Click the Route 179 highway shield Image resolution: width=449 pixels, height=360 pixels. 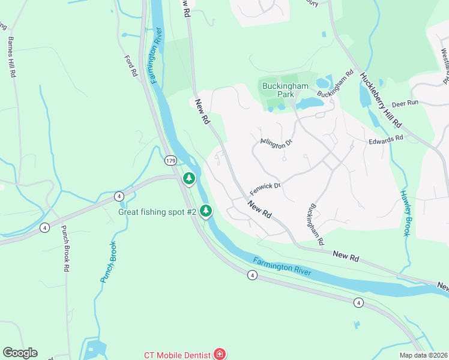[170, 161]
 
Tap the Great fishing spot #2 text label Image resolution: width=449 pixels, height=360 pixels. [158, 212]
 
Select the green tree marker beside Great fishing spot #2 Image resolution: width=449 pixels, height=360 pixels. [206, 210]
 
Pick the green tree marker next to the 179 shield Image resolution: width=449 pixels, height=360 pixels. [189, 178]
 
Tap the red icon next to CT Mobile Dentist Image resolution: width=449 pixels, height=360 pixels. [220, 354]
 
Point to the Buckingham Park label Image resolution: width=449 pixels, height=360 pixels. [285, 91]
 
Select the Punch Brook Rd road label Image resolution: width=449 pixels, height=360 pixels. [65, 249]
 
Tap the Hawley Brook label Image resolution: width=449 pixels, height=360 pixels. [406, 214]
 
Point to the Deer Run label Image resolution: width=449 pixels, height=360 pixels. [405, 103]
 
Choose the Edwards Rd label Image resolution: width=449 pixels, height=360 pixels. [385, 139]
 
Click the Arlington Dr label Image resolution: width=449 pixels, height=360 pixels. [276, 142]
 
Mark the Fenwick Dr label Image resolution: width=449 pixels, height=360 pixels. [265, 188]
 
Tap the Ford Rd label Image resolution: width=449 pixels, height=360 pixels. [131, 66]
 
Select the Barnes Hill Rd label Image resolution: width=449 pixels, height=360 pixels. [11, 58]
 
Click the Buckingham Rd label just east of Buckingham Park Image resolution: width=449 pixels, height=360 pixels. [335, 86]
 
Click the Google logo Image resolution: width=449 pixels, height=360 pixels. [20, 353]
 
